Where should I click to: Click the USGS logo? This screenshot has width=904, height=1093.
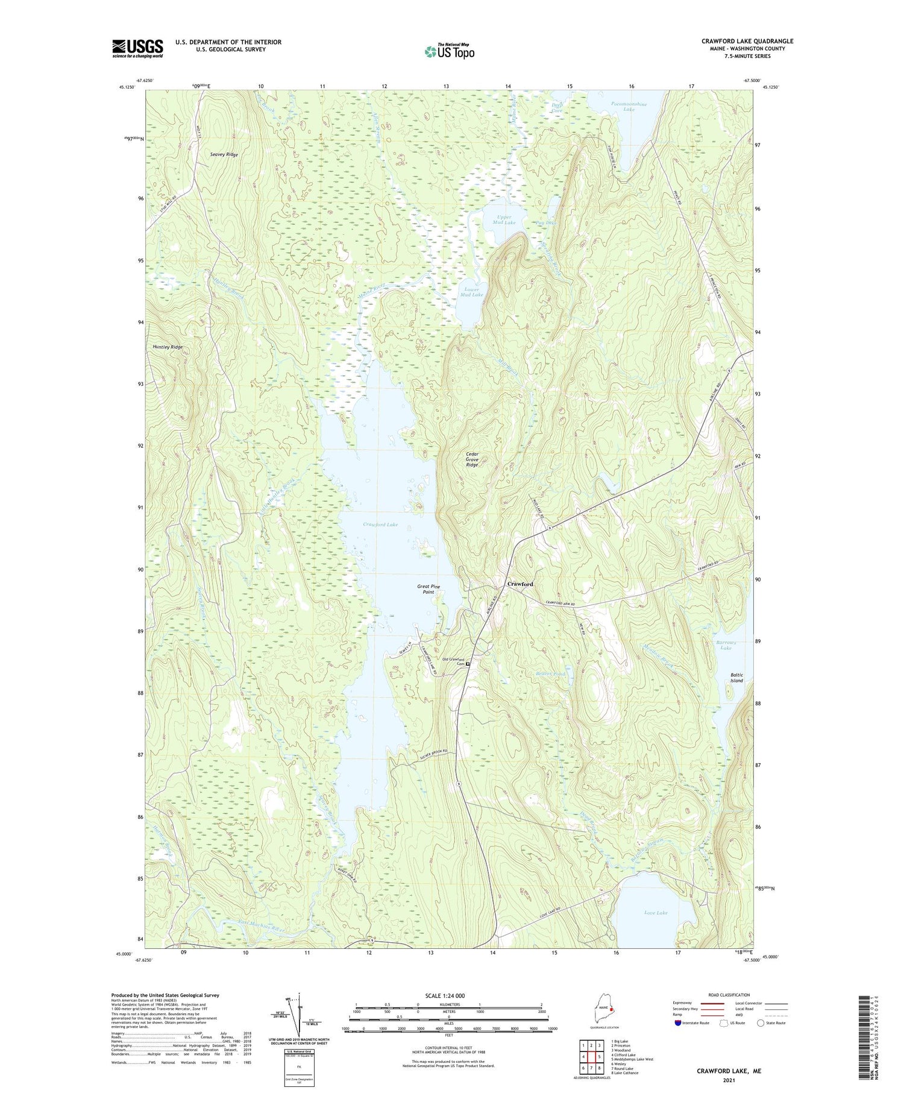[137, 48]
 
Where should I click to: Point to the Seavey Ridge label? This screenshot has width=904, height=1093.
[224, 155]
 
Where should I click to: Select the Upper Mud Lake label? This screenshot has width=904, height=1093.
[504, 219]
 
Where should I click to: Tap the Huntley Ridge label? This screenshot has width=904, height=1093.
[167, 347]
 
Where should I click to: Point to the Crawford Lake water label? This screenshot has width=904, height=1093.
[380, 524]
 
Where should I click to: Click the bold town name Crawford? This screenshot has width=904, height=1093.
[519, 584]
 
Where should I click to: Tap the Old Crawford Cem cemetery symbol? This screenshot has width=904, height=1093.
[467, 664]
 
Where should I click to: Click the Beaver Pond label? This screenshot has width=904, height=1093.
[550, 673]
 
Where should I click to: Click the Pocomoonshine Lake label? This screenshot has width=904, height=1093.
[629, 107]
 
